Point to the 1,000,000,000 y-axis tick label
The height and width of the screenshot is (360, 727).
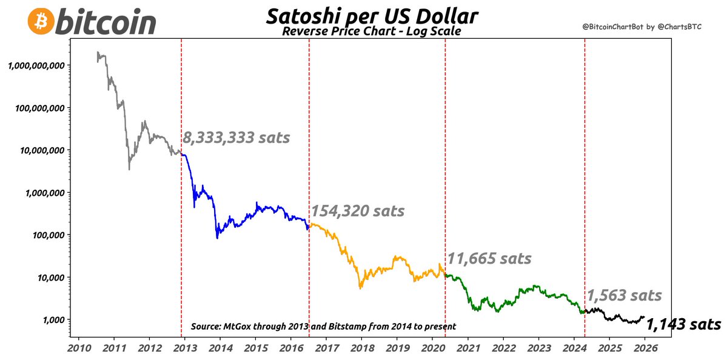[37, 65]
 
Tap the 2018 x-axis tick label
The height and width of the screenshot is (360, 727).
[362, 348]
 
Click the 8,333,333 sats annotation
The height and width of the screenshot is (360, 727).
[236, 138]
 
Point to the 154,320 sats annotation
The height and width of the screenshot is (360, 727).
[358, 211]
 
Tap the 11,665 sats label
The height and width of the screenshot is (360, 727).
[489, 259]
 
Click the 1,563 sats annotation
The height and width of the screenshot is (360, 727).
[624, 295]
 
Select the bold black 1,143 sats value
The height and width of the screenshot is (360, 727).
[683, 325]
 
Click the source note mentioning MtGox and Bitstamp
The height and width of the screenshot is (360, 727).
[323, 327]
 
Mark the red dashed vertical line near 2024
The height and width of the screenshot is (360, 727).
[585, 182]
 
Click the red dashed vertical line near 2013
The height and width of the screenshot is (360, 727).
[181, 242]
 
